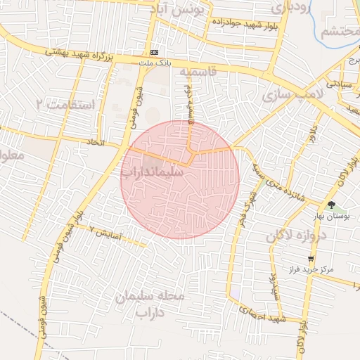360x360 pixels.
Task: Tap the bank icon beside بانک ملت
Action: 154,52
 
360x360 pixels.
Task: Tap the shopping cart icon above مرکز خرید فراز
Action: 311,259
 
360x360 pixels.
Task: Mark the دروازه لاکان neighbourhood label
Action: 294,236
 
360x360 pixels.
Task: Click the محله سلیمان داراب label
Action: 150,304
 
